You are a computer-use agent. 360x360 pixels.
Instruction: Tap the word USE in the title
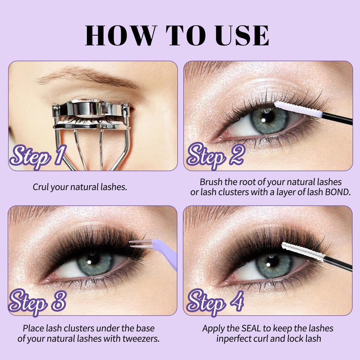click(242, 35)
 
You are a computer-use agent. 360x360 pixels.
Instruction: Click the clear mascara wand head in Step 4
click(302, 252)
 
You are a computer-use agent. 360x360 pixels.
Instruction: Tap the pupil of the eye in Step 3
click(94, 259)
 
